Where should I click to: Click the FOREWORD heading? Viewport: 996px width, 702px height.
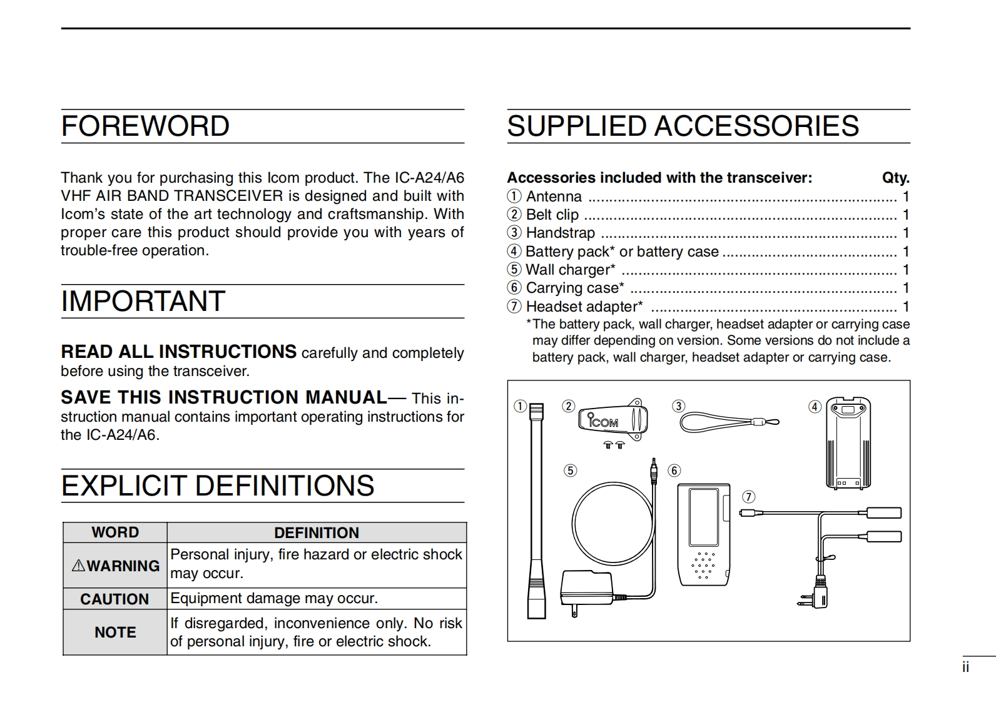pos(145,126)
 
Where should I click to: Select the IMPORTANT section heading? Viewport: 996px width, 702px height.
pos(143,302)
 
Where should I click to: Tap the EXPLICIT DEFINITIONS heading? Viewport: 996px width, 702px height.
pos(218,486)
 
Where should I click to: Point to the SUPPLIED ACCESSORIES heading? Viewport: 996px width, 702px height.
pos(683,126)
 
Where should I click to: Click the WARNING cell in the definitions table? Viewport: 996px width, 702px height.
pos(116,566)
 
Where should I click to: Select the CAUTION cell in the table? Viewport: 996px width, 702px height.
pos(114,599)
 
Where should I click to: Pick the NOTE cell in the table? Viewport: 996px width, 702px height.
pos(115,633)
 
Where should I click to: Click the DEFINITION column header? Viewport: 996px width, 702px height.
pos(317,533)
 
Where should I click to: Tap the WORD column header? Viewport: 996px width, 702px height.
pos(115,532)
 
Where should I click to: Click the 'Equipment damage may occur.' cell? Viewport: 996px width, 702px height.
pos(274,599)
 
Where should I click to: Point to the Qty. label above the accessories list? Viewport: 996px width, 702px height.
pos(895,178)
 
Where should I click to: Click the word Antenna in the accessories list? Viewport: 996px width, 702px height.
pos(554,196)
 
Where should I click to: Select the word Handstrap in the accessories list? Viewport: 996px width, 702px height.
pos(560,233)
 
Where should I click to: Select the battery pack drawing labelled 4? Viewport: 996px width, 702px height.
pos(848,442)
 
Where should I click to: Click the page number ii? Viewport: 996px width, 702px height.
pos(965,668)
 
